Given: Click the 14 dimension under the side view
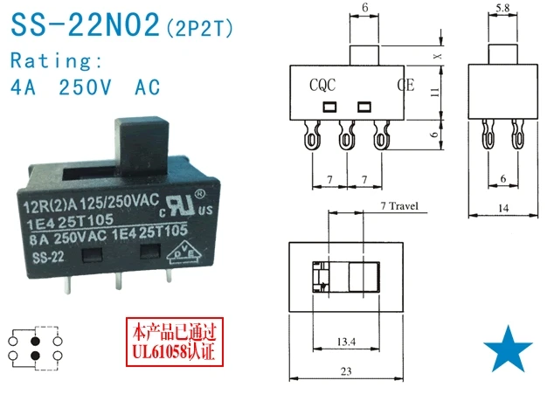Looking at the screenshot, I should click(502, 208).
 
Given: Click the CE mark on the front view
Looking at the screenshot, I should click(405, 85).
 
